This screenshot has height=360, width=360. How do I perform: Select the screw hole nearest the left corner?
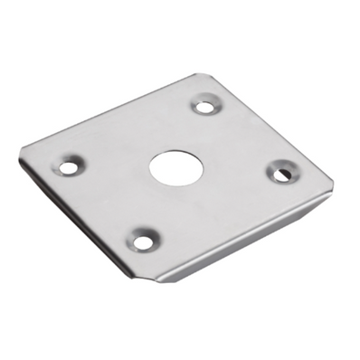(x=68, y=166)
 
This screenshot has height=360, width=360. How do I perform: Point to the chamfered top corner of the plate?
(x=193, y=76)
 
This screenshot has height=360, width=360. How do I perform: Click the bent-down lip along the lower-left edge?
(x=81, y=226)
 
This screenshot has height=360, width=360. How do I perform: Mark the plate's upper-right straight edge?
(x=267, y=127)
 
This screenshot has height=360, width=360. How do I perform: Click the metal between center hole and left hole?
(x=116, y=166)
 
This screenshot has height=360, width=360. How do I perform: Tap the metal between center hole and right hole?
(x=226, y=168)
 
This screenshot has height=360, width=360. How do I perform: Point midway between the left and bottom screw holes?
(x=104, y=204)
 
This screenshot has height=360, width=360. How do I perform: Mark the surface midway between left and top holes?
(x=136, y=136)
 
